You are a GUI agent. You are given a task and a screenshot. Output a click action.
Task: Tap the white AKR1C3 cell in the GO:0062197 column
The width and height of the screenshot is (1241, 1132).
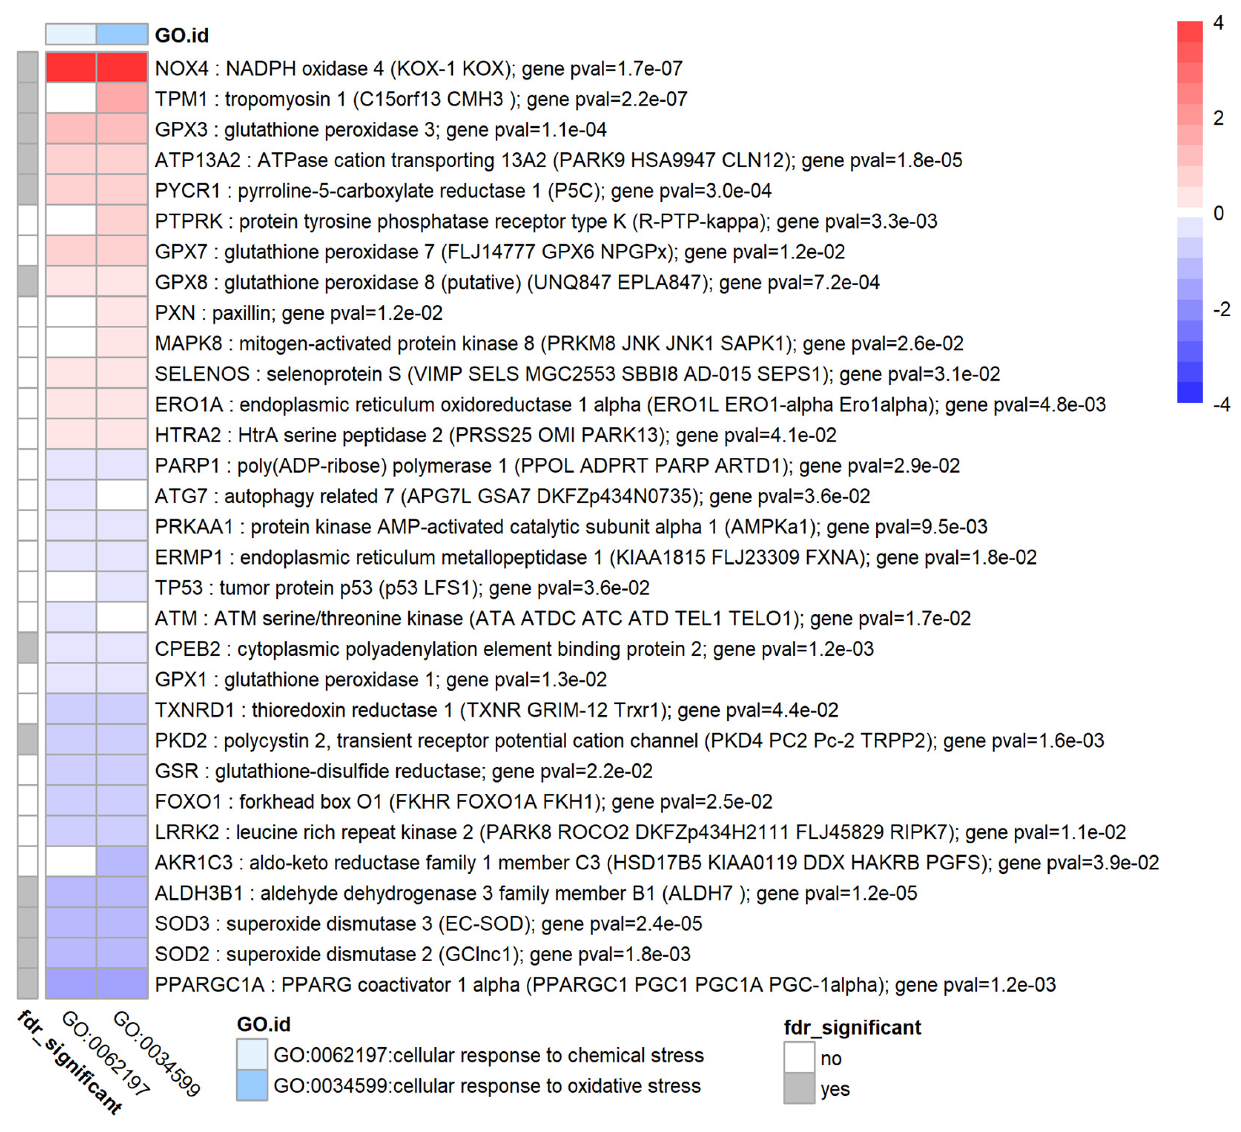pyautogui.click(x=71, y=862)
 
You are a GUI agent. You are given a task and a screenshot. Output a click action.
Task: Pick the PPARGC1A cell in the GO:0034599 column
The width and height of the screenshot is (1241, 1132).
pyautogui.click(x=122, y=984)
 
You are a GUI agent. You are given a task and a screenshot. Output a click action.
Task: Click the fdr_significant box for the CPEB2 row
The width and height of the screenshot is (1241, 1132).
pyautogui.click(x=28, y=648)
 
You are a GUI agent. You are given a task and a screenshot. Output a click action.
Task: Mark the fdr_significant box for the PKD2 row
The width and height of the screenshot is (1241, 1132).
pyautogui.click(x=28, y=740)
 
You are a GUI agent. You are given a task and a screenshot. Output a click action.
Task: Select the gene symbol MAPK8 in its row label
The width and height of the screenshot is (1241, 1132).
pyautogui.click(x=188, y=343)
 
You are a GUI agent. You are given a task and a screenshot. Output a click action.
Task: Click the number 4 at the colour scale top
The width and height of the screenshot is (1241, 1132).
pyautogui.click(x=1218, y=23)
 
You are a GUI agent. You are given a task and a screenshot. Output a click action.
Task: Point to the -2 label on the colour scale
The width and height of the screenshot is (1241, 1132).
pyautogui.click(x=1220, y=309)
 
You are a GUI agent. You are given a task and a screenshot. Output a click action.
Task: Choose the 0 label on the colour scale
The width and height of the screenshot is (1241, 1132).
pyautogui.click(x=1218, y=214)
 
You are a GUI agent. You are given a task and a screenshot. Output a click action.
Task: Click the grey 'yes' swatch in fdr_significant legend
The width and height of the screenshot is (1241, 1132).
pyautogui.click(x=799, y=1088)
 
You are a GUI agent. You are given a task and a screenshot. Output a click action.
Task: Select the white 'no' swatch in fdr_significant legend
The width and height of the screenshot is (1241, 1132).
pyautogui.click(x=799, y=1057)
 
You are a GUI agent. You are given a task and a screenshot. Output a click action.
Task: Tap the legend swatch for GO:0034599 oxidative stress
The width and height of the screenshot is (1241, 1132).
pyautogui.click(x=252, y=1085)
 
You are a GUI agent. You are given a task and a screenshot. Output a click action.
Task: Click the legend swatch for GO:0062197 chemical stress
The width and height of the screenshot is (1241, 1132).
pyautogui.click(x=252, y=1054)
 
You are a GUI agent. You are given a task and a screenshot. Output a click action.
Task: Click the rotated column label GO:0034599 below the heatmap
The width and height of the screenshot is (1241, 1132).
pyautogui.click(x=157, y=1053)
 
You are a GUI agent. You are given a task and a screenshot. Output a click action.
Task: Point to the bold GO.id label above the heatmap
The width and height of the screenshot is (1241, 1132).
pyautogui.click(x=181, y=35)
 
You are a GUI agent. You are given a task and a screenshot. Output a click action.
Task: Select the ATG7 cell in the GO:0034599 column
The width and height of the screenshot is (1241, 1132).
pyautogui.click(x=122, y=496)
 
